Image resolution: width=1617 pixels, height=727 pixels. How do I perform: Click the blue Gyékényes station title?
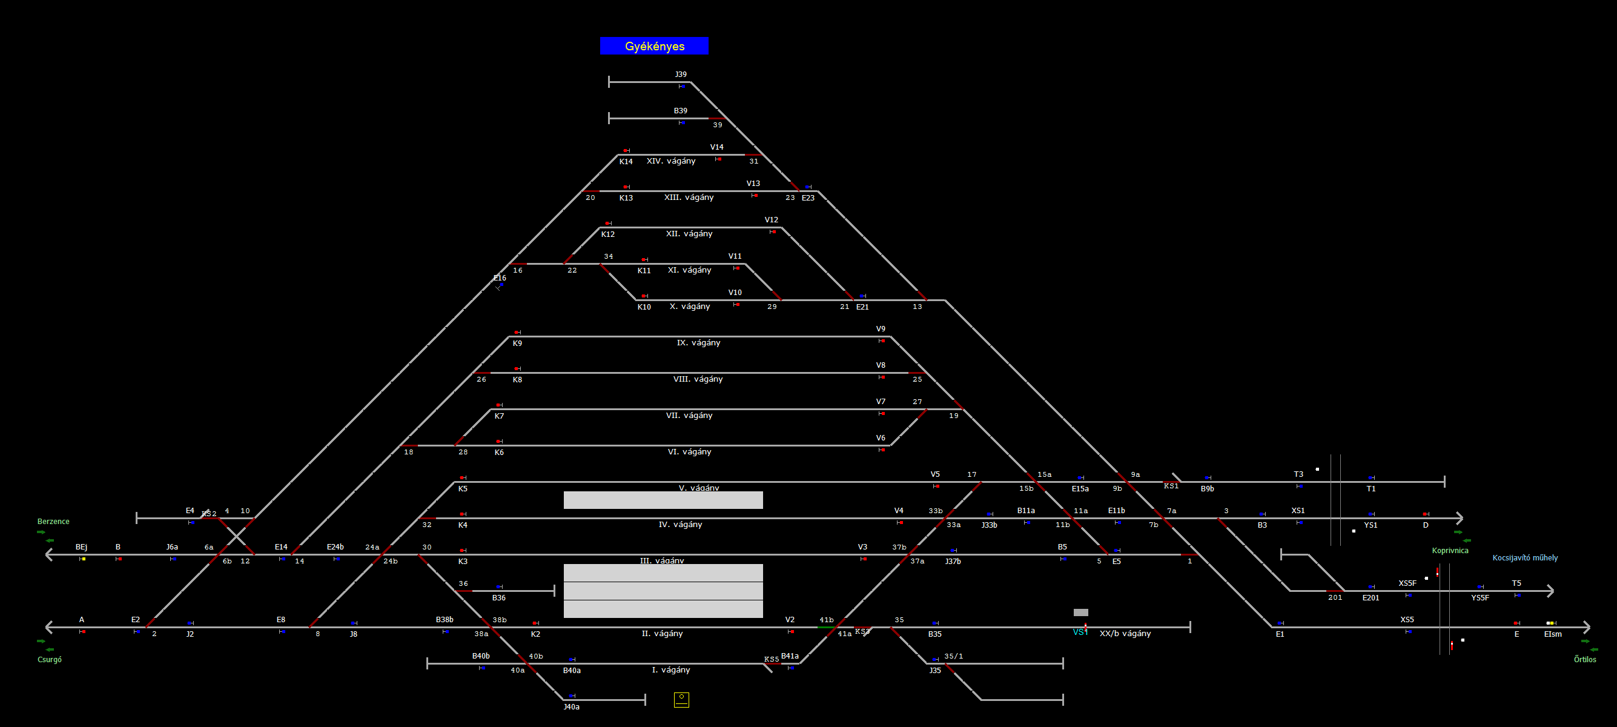click(x=654, y=46)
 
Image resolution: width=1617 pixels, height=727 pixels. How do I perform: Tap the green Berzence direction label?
click(x=53, y=521)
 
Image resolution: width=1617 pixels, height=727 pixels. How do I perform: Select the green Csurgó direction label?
click(x=50, y=659)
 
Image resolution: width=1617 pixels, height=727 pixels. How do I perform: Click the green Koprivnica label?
click(x=1450, y=550)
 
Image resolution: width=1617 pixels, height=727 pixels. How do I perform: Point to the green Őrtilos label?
click(x=1584, y=659)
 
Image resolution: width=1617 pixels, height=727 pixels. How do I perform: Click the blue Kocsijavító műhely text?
click(x=1525, y=557)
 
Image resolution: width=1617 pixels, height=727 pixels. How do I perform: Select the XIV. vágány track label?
click(x=671, y=161)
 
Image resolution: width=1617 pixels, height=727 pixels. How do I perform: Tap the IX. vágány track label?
click(x=698, y=342)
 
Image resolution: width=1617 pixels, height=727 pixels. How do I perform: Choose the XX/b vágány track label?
click(x=1125, y=633)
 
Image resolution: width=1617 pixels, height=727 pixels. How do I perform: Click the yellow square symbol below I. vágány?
click(x=681, y=699)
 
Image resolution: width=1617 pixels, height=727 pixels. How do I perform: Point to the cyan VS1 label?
click(x=1080, y=632)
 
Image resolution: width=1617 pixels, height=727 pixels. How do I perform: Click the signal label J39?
click(x=681, y=74)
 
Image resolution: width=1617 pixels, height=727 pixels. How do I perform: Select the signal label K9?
click(x=517, y=343)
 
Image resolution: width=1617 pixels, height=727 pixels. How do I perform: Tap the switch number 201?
click(x=1335, y=597)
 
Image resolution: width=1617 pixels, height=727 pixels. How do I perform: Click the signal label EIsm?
click(x=1552, y=634)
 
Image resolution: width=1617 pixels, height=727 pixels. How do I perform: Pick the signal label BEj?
click(x=82, y=547)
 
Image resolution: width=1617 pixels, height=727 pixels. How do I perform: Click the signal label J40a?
click(x=571, y=706)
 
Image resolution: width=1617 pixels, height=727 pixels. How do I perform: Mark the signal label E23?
click(x=808, y=198)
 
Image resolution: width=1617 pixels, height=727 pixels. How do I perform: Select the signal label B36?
click(x=499, y=598)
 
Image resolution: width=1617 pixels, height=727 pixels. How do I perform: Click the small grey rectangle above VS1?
click(x=1080, y=612)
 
